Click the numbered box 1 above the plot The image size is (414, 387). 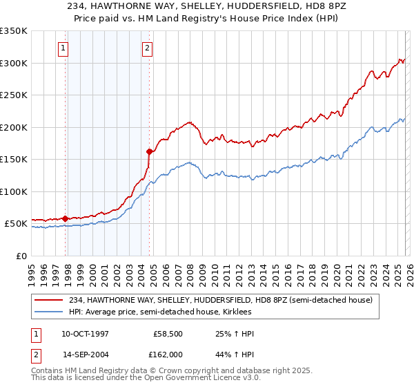click(x=63, y=48)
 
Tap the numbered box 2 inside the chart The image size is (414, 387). click(x=148, y=48)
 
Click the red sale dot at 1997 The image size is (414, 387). click(x=66, y=218)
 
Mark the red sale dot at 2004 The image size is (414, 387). click(x=150, y=151)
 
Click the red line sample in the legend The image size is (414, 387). click(x=49, y=300)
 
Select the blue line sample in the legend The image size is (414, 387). click(x=49, y=312)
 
